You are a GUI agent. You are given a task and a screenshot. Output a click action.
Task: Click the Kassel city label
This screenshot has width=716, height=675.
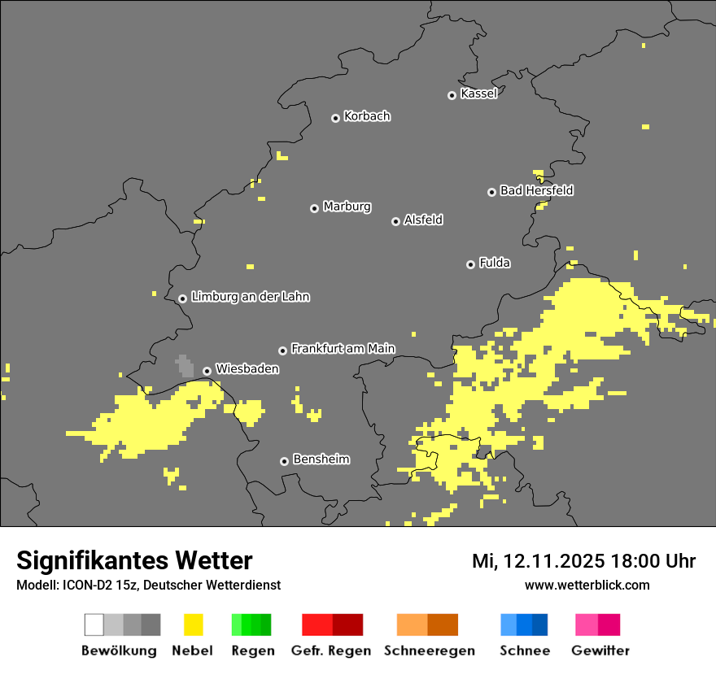pyautogui.click(x=478, y=94)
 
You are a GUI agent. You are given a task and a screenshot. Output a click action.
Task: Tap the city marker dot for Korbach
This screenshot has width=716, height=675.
pyautogui.click(x=335, y=118)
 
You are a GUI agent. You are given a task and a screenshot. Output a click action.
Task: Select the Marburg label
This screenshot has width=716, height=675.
pyautogui.click(x=347, y=207)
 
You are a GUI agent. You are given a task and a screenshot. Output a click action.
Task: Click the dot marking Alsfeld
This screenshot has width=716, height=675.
pyautogui.click(x=395, y=221)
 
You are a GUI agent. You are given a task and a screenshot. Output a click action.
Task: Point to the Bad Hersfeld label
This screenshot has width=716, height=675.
pyautogui.click(x=536, y=190)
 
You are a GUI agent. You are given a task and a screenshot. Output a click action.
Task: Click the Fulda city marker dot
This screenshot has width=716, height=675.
pyautogui.click(x=470, y=264)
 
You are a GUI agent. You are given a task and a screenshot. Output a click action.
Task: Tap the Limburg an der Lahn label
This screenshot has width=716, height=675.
pyautogui.click(x=250, y=297)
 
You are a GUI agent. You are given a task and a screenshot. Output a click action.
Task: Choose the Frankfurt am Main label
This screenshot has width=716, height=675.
pyautogui.click(x=343, y=348)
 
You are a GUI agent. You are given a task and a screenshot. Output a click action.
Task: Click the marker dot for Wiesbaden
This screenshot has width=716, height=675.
pyautogui.click(x=207, y=371)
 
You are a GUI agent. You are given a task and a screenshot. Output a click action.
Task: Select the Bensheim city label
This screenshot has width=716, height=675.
pyautogui.click(x=321, y=459)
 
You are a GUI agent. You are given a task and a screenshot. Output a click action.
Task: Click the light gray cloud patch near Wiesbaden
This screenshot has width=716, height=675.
pyautogui.click(x=185, y=366)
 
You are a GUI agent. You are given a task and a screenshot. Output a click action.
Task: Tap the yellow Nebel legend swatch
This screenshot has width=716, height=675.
pyautogui.click(x=193, y=625)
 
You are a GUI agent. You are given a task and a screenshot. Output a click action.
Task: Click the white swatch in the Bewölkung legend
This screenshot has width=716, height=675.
pyautogui.click(x=94, y=625)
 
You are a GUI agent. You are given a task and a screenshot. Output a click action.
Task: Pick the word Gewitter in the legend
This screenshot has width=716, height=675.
pyautogui.click(x=600, y=651)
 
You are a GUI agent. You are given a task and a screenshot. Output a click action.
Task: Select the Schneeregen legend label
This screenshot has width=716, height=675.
pyautogui.click(x=430, y=651)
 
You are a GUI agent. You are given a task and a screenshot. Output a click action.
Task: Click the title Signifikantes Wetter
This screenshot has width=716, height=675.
pyautogui.click(x=134, y=560)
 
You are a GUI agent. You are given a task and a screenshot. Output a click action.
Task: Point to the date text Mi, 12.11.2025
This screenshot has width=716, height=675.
pyautogui.click(x=536, y=561)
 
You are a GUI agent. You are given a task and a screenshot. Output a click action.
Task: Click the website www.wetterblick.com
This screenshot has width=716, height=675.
pyautogui.click(x=587, y=585)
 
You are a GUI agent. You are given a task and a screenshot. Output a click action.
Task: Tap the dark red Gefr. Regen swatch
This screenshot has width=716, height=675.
pyautogui.click(x=347, y=625)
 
